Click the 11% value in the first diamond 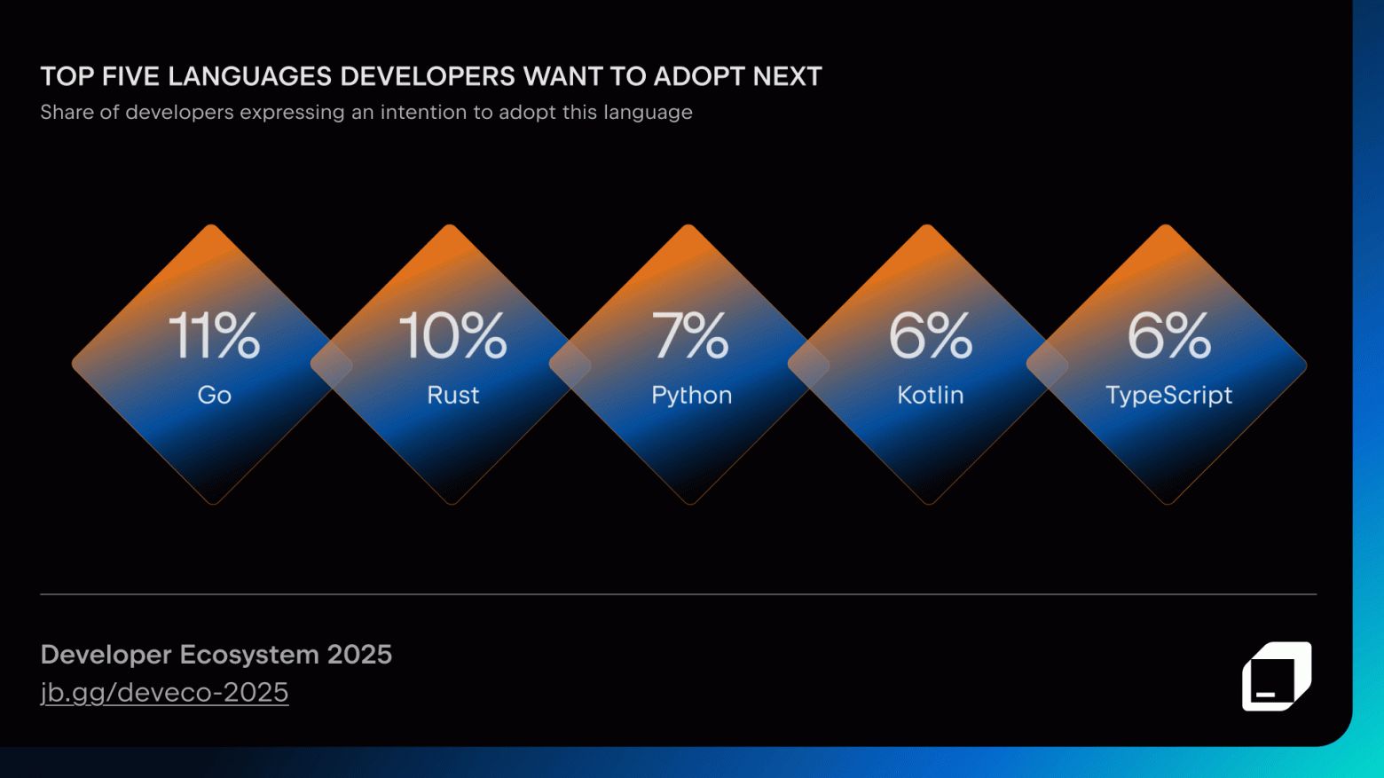click(x=214, y=336)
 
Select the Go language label click(x=214, y=395)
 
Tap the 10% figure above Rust click(x=452, y=336)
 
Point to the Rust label click(x=452, y=395)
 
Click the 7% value click(x=690, y=336)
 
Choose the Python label click(x=691, y=395)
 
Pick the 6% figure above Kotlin click(x=930, y=336)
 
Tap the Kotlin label click(x=930, y=395)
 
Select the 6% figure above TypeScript click(x=1168, y=336)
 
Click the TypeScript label click(x=1168, y=395)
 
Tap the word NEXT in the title click(x=787, y=77)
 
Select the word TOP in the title click(x=67, y=77)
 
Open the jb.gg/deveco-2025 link click(x=164, y=693)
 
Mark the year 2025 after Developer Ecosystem click(x=359, y=655)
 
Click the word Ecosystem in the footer click(x=249, y=655)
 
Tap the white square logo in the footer click(x=1276, y=676)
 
